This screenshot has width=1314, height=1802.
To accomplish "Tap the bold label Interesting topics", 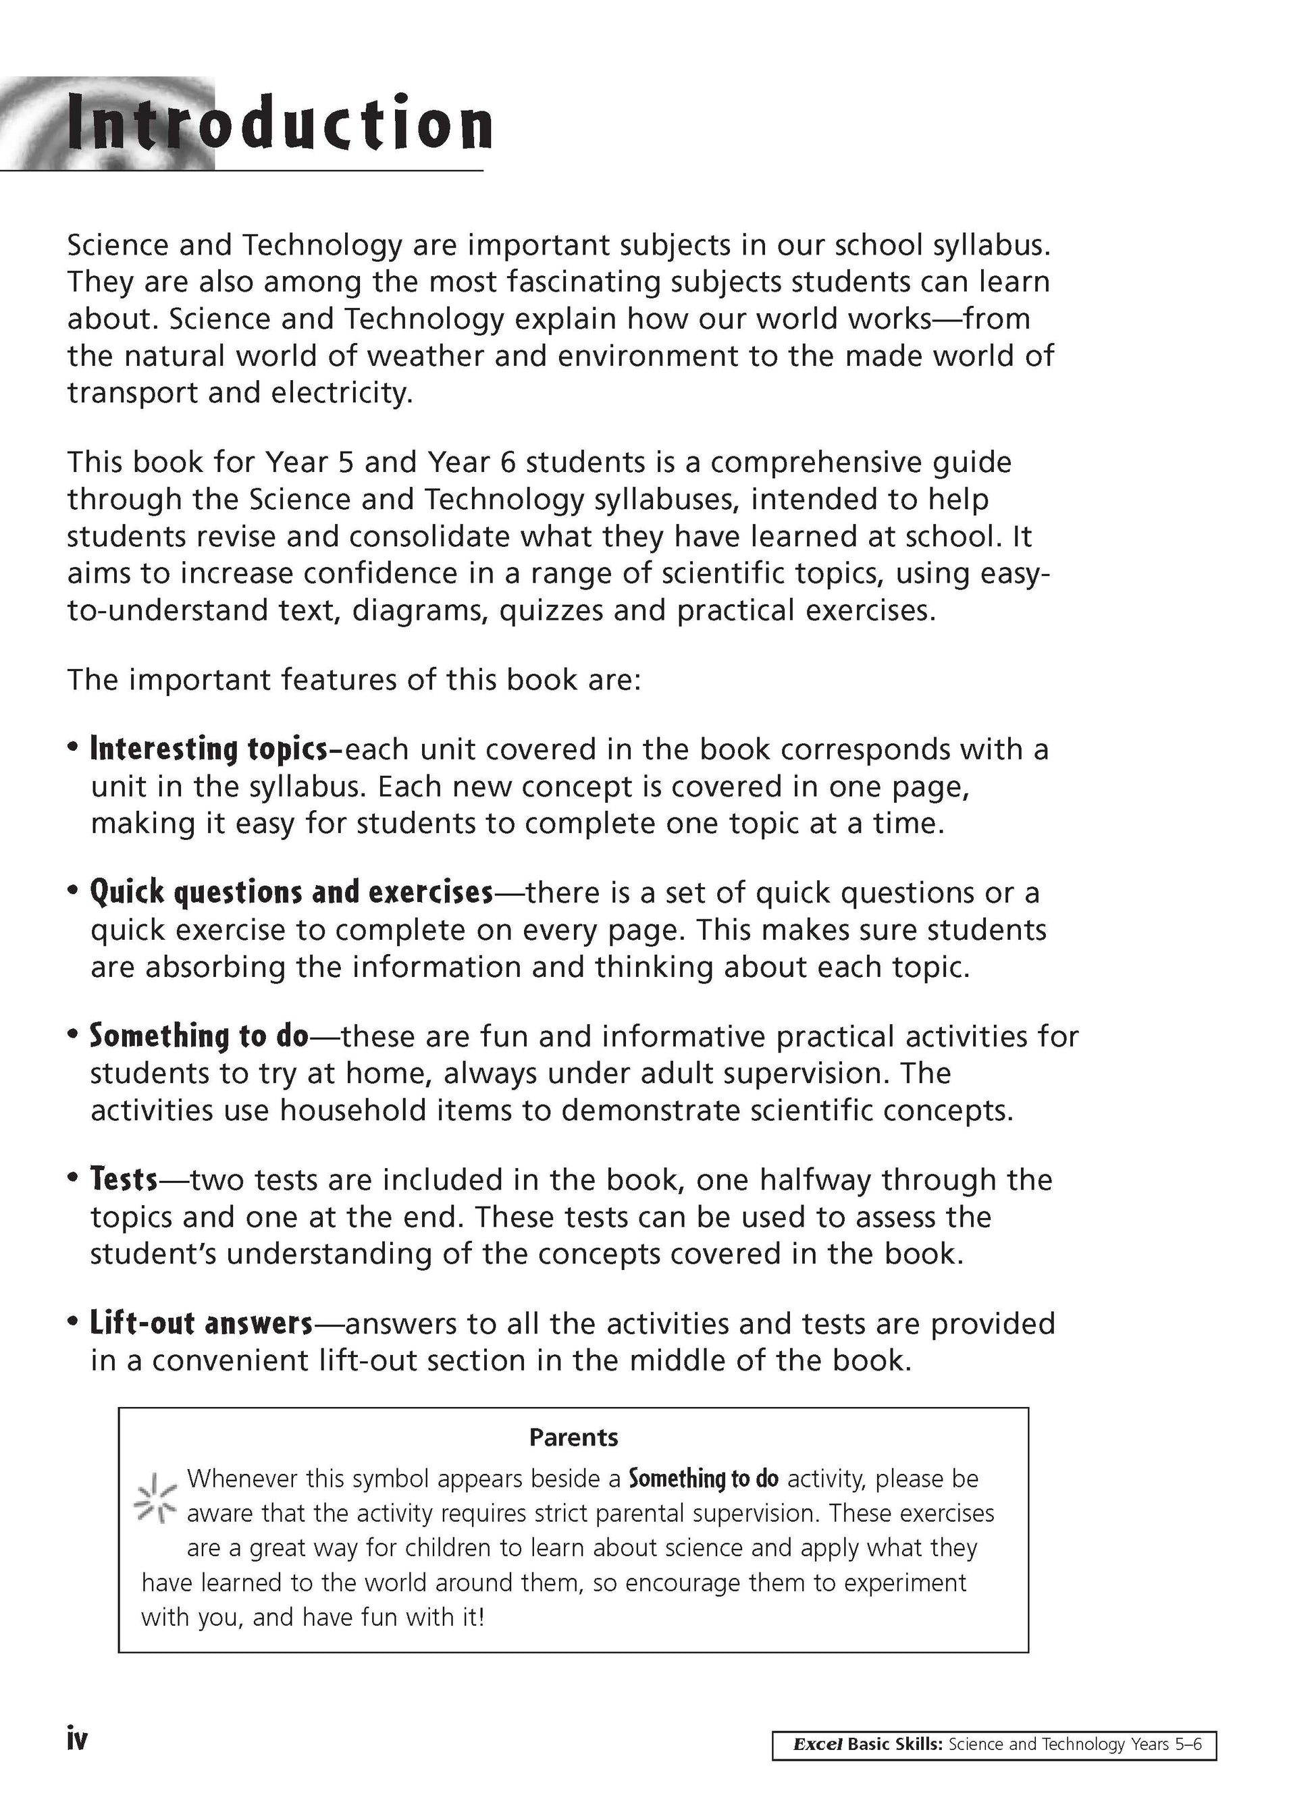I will coord(209,749).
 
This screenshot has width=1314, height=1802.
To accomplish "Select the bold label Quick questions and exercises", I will coord(291,893).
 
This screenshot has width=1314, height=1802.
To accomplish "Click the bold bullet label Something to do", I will coord(199,1036).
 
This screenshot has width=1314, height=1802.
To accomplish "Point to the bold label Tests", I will coord(124,1180).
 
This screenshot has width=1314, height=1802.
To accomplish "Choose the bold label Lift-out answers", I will coord(201,1323).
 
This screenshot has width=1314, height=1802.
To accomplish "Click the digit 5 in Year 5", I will coord(345,462).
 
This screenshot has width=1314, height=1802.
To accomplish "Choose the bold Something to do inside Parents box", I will coord(703,1479).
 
